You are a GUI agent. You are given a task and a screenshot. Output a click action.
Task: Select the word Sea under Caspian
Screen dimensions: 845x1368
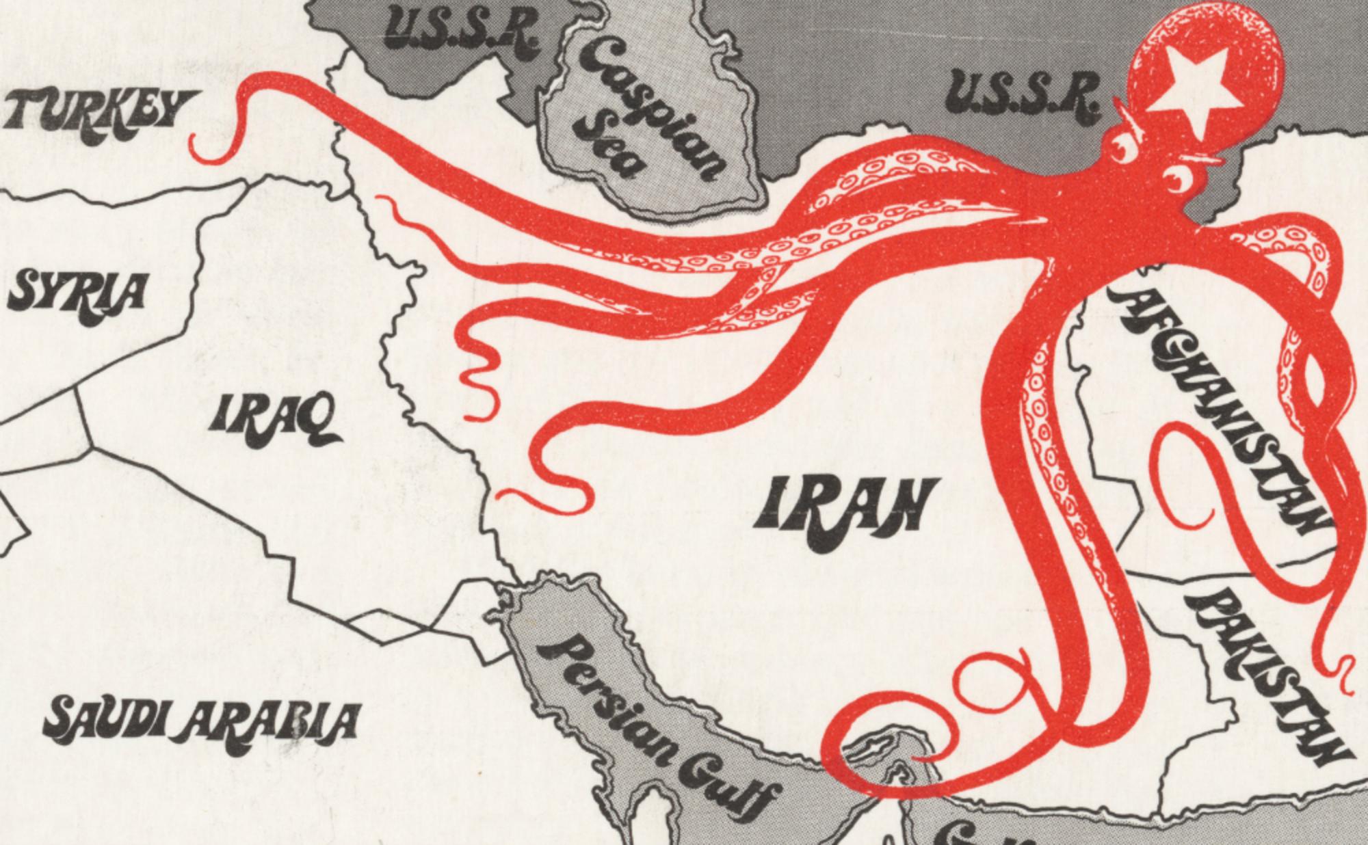609,147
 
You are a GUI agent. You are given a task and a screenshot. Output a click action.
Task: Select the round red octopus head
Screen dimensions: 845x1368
1190,75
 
